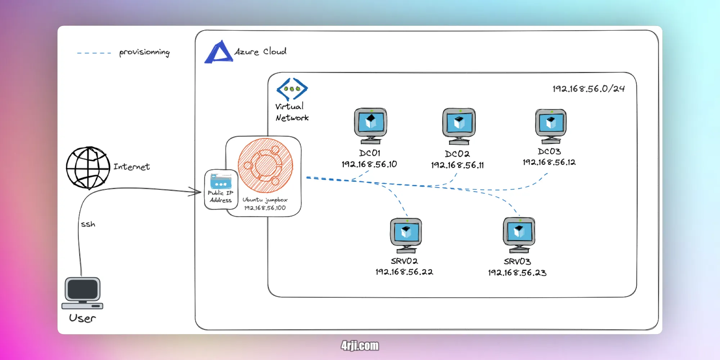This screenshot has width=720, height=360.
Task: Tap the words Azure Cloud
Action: pyautogui.click(x=260, y=51)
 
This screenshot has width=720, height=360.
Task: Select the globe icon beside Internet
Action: pyautogui.click(x=88, y=168)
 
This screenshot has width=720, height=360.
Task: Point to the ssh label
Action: pyautogui.click(x=88, y=224)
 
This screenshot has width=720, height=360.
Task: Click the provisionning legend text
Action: pyautogui.click(x=144, y=52)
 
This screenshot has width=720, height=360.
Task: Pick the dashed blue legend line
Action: pyautogui.click(x=94, y=53)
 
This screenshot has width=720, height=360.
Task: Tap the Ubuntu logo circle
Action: pyautogui.click(x=265, y=166)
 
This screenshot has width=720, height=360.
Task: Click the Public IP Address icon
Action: pyautogui.click(x=221, y=181)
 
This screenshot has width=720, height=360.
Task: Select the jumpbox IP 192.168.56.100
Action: pyautogui.click(x=265, y=208)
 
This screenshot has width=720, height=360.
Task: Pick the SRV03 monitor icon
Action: pyautogui.click(x=519, y=234)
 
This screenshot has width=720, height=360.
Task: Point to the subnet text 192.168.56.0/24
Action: pyautogui.click(x=588, y=89)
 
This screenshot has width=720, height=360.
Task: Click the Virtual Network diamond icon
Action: pyautogui.click(x=292, y=89)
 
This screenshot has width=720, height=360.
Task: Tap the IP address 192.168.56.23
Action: pyautogui.click(x=517, y=273)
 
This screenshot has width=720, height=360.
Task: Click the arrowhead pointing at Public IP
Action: pyautogui.click(x=196, y=192)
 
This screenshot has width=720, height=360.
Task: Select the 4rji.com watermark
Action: pyautogui.click(x=360, y=346)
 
